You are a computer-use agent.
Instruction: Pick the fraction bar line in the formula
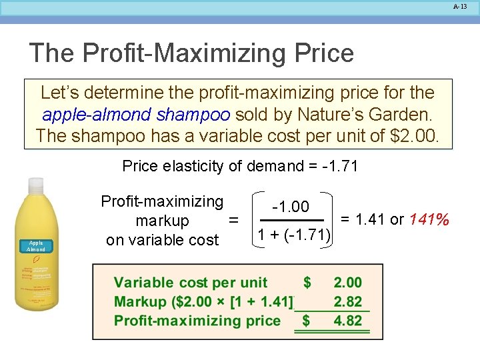click(x=291, y=219)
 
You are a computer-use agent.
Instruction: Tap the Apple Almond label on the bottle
click(x=36, y=247)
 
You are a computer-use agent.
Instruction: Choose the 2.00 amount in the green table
click(x=347, y=283)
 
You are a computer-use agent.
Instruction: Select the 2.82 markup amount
click(x=347, y=301)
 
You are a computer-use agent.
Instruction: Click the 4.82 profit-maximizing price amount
click(x=347, y=321)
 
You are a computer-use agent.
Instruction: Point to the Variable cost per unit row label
click(x=191, y=283)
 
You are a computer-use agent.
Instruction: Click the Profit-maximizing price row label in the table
click(x=197, y=321)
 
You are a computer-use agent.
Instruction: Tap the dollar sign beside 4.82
click(x=307, y=321)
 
